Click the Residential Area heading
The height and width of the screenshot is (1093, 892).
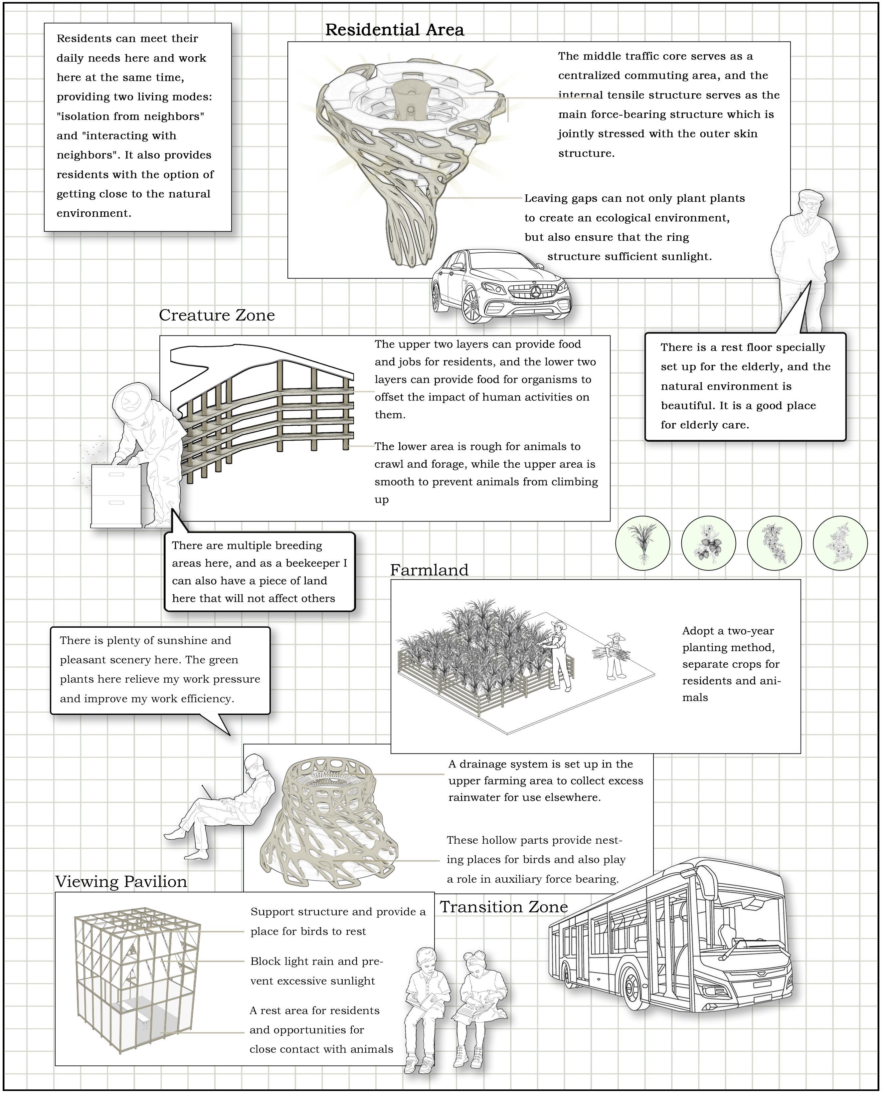coord(394,30)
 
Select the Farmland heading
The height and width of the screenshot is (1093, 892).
coord(429,570)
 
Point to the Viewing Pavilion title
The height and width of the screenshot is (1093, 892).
coord(121,881)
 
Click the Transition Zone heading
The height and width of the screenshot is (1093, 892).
coord(503,907)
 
